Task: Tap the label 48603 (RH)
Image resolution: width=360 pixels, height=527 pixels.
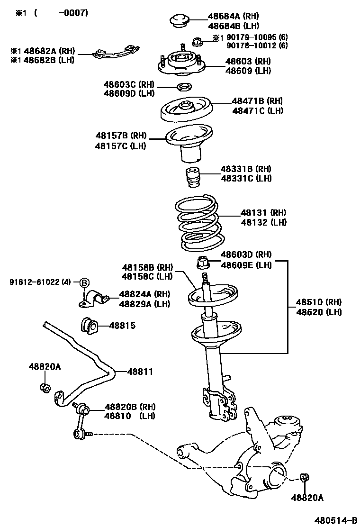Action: [248, 61]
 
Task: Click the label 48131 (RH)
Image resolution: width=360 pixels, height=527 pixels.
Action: [263, 213]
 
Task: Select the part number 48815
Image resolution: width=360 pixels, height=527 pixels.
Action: [122, 326]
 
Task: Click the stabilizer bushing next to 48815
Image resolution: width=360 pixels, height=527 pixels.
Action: [89, 325]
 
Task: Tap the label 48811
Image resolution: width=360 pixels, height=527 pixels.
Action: [140, 372]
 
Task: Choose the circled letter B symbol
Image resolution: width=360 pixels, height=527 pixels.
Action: [84, 282]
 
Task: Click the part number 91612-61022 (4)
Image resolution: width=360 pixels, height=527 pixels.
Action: [40, 282]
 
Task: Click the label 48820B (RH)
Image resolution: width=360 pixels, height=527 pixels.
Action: [130, 407]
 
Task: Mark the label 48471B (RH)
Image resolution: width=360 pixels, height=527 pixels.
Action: [257, 101]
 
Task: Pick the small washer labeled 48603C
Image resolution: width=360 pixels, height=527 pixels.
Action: [184, 87]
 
